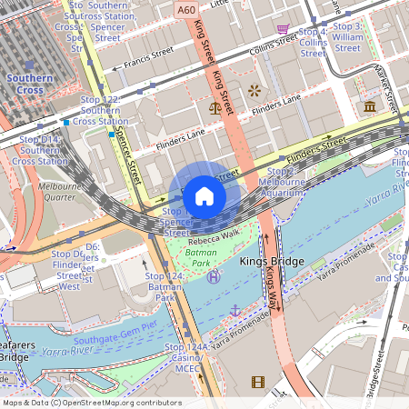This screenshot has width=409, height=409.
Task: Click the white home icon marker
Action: point(204,195)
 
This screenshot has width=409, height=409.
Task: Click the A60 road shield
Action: point(186,9)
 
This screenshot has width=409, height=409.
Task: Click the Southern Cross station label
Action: point(29,85)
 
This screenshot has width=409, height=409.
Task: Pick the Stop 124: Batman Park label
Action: point(165,286)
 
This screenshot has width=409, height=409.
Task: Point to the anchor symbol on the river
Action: point(234,311)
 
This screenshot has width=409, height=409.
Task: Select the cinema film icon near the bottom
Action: point(258,382)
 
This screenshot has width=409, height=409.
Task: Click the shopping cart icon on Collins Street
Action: point(284,29)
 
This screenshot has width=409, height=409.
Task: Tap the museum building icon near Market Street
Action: point(370,107)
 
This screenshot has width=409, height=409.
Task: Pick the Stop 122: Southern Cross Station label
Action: point(99,110)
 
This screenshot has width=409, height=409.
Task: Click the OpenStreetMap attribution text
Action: point(91,402)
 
